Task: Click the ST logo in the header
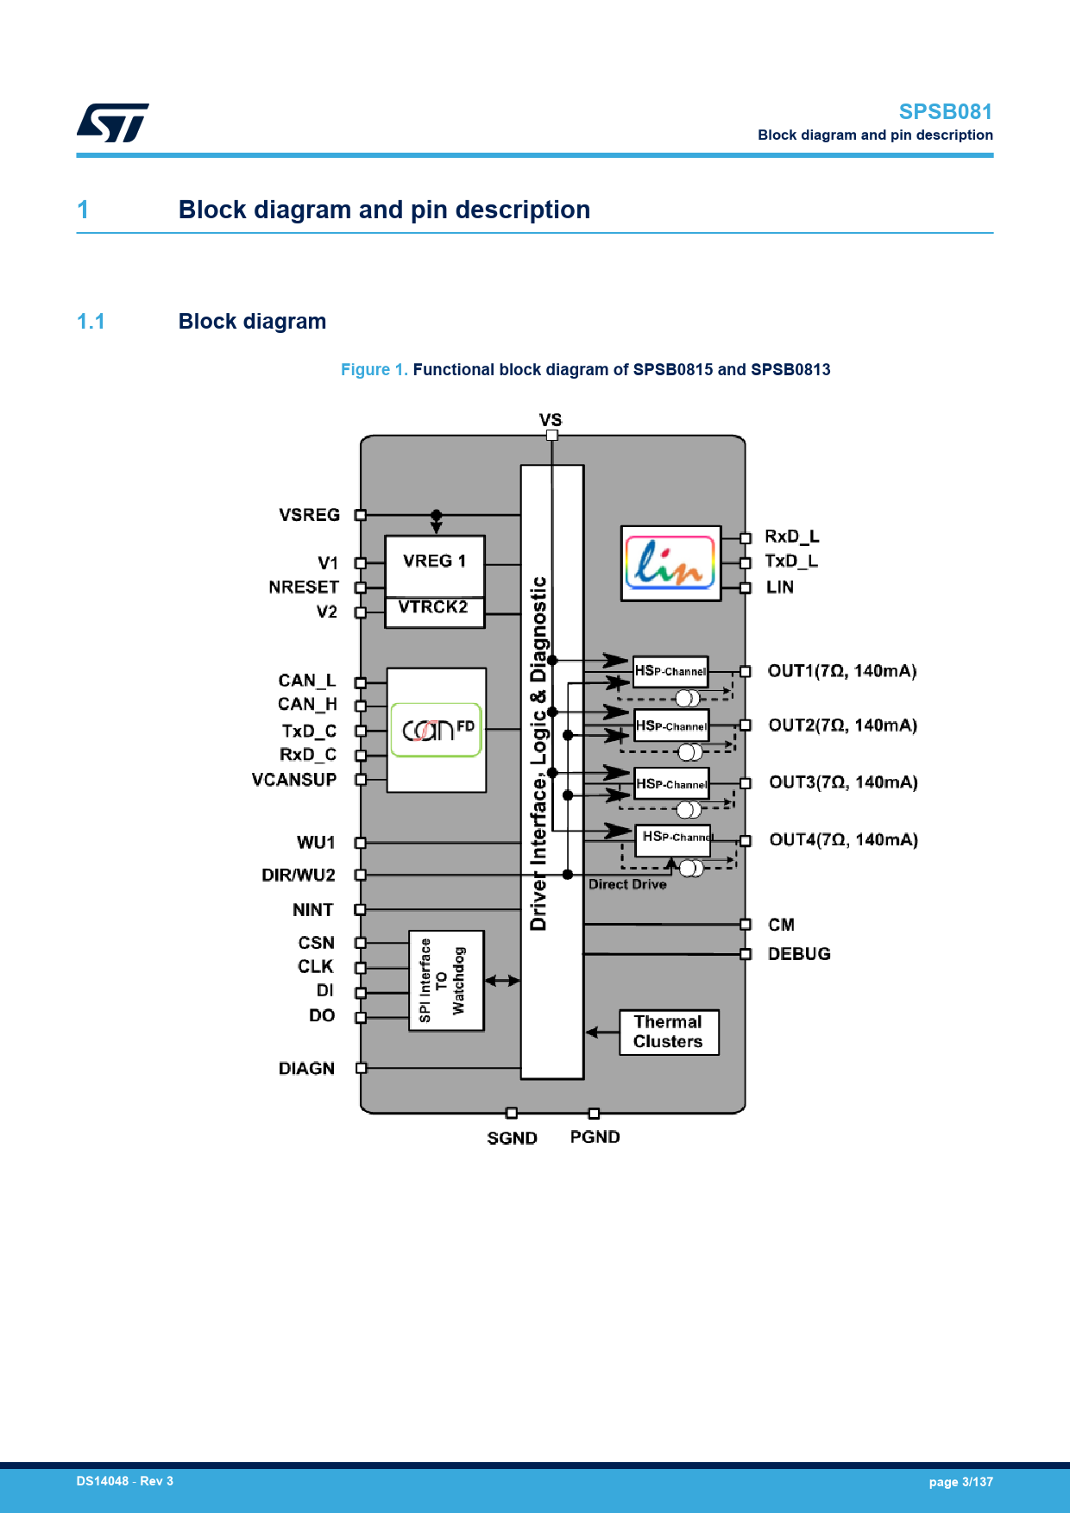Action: (x=112, y=122)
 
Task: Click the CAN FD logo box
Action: (x=436, y=730)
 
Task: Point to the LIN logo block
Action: (x=670, y=563)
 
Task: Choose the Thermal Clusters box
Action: (x=669, y=1032)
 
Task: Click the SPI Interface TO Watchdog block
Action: (x=445, y=980)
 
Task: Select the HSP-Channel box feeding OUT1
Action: (x=670, y=672)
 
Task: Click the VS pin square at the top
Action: (x=551, y=435)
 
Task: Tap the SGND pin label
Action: (x=512, y=1138)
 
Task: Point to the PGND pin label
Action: (x=595, y=1137)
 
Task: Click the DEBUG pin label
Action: (x=799, y=953)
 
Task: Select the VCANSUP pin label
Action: (x=294, y=780)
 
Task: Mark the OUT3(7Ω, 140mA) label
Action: (x=843, y=782)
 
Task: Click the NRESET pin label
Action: (x=304, y=587)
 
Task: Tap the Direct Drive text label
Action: (x=627, y=884)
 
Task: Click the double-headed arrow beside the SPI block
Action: (x=502, y=980)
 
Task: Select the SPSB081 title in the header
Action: (x=945, y=112)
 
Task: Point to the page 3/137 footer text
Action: (x=960, y=1482)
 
